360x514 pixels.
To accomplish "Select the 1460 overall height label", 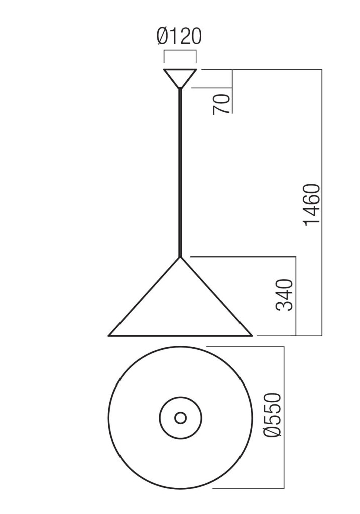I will tap(312, 205).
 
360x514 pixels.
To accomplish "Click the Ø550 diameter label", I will tap(275, 416).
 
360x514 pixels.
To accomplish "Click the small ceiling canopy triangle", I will tap(180, 76).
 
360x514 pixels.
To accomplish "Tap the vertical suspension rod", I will tap(180, 171).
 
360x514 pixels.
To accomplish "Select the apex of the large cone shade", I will tap(180, 258).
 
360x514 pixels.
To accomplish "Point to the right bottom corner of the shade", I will tap(251, 334).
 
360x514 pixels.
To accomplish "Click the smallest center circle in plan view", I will tap(180, 417).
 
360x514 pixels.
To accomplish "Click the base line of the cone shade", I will tap(180, 335).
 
